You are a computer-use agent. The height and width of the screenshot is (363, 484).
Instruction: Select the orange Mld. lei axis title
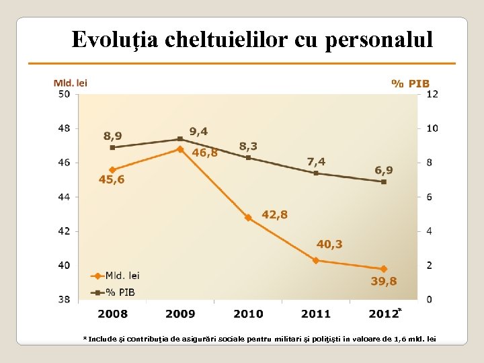(x=71, y=83)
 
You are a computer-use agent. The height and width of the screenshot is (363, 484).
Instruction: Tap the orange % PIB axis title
(x=410, y=83)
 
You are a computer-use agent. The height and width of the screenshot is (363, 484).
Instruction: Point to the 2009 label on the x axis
(x=180, y=313)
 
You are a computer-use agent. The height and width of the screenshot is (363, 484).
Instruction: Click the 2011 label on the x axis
(x=316, y=313)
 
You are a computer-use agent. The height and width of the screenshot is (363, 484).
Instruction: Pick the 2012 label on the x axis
(x=383, y=313)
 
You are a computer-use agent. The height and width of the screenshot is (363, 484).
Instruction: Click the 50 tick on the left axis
(x=64, y=94)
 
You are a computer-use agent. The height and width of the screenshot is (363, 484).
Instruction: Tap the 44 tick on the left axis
(x=64, y=197)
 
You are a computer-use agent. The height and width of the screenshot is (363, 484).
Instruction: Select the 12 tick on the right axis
(x=432, y=94)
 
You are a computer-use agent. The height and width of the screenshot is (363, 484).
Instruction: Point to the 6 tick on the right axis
(x=430, y=197)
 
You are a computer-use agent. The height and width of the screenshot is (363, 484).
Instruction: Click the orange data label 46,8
(x=204, y=153)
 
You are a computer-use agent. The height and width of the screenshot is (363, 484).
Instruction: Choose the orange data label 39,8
(x=384, y=282)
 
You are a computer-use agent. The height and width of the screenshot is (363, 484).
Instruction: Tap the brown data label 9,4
(x=198, y=131)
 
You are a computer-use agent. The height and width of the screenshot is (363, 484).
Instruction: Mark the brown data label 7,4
(x=316, y=161)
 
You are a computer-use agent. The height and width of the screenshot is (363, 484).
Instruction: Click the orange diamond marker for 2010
(x=248, y=218)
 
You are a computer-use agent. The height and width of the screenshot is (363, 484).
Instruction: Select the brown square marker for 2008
(x=112, y=147)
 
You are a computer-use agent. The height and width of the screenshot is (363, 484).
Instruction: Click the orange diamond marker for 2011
(x=316, y=260)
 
